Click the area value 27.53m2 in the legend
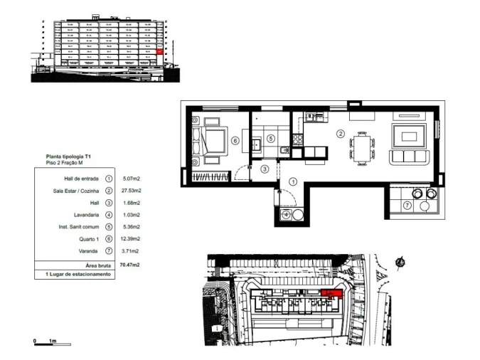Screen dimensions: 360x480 coord(132,191)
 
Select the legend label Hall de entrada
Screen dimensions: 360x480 coord(80,179)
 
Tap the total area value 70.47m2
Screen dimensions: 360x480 coord(131,264)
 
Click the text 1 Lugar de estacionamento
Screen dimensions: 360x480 coord(78,274)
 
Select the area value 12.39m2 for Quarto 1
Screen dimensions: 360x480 coord(132,239)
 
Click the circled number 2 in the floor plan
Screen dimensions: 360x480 coord(341,134)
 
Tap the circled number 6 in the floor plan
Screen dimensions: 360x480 coord(235,140)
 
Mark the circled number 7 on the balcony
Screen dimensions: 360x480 coord(407,205)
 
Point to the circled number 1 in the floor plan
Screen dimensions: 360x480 coord(293,182)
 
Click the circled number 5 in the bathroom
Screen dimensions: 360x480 coord(271,137)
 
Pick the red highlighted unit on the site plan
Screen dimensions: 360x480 coord(331,293)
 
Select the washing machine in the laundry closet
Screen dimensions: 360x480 coord(287,213)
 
